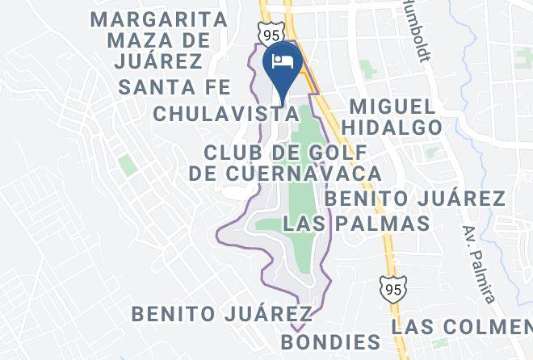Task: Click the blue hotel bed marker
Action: (283, 62)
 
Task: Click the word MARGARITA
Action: (159, 18)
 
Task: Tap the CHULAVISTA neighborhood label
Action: (222, 113)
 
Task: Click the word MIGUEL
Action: (392, 107)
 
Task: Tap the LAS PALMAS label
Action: (357, 223)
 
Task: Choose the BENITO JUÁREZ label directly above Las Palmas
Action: (414, 199)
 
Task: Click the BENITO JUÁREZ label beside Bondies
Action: (222, 312)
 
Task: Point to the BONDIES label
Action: (330, 341)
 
